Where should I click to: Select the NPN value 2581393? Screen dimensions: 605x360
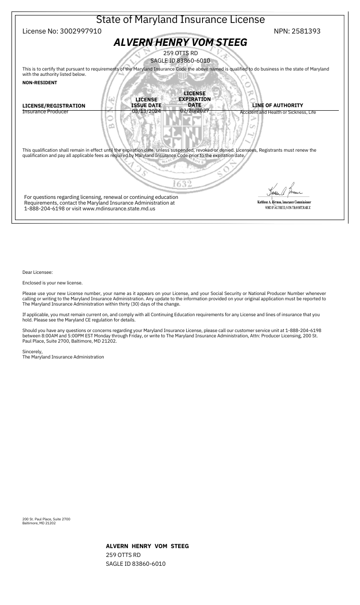coord(307,31)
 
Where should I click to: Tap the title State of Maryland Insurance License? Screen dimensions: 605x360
coord(180,20)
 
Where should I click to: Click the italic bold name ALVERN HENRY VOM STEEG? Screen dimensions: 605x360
coord(180,42)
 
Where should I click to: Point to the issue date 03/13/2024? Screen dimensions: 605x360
coord(146,112)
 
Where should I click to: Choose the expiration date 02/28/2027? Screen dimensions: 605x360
coord(194,111)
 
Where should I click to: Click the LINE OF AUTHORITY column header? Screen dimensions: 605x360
coord(277,105)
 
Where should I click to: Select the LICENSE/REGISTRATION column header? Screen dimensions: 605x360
coord(54,106)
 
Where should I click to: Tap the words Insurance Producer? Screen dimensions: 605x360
coord(45,112)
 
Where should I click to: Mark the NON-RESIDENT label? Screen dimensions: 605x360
coord(40,82)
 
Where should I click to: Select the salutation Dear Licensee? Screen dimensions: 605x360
coord(37,273)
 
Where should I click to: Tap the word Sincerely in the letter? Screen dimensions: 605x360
coord(32,351)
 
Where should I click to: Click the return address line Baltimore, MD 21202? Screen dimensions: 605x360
coord(39,523)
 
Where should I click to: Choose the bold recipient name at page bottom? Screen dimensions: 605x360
coord(147,546)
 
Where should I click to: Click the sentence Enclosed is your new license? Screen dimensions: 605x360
coord(52,283)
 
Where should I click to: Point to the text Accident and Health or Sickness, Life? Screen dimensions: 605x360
coord(278,112)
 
